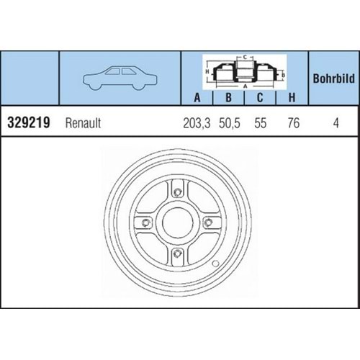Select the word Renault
point(84,123)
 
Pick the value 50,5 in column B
point(229,123)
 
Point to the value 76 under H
point(292,123)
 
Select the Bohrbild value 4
point(336,123)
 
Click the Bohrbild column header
point(333,77)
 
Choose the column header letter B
point(228,98)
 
